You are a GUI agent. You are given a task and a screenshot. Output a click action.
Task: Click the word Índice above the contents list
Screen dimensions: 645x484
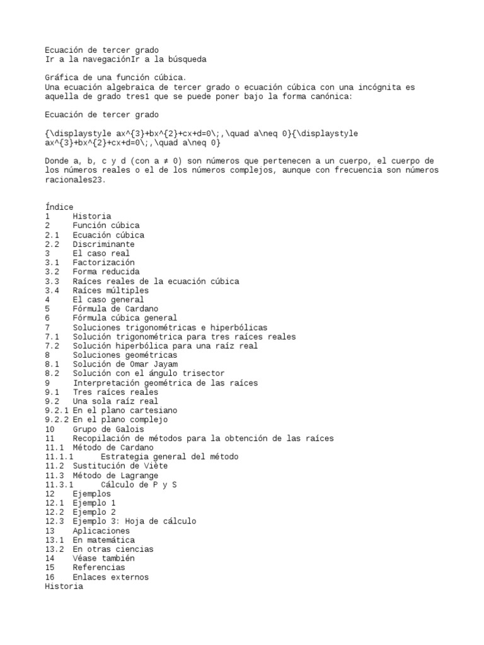tap(59, 207)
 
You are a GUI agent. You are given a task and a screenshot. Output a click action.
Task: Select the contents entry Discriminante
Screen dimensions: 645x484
tap(103, 244)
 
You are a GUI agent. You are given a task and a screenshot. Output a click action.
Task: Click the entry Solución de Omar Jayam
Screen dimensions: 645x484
tap(125, 365)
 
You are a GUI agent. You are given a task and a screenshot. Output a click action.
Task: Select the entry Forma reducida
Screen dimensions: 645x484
tap(106, 272)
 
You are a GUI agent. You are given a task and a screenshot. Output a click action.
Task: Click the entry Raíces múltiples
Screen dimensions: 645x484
tap(111, 291)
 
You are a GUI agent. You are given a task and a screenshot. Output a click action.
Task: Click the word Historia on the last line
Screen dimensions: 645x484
tap(64, 586)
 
